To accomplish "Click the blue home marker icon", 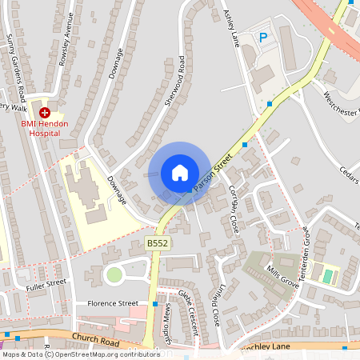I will pyautogui.click(x=179, y=173).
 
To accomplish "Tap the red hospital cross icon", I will pyautogui.click(x=44, y=114).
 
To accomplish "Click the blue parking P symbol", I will pyautogui.click(x=263, y=36).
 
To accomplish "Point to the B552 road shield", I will pyautogui.click(x=157, y=242).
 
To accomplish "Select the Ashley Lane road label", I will pyautogui.click(x=232, y=24).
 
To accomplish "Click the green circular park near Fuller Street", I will pyautogui.click(x=114, y=275).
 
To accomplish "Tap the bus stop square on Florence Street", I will pyautogui.click(x=154, y=304).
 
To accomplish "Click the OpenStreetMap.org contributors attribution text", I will pyautogui.click(x=109, y=354).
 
